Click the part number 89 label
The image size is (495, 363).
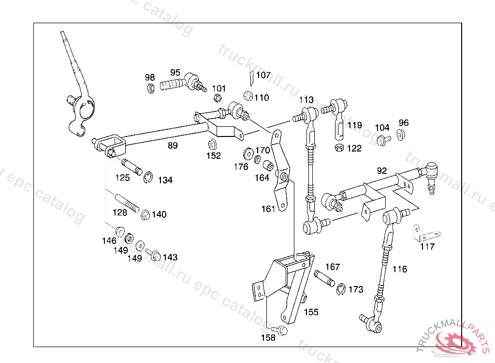[173, 145]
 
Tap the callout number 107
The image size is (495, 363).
[263, 75]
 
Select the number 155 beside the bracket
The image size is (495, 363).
[311, 312]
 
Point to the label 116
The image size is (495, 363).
[400, 269]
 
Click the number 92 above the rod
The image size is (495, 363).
[382, 170]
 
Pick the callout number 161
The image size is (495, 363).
[268, 209]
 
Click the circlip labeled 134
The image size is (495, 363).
[149, 178]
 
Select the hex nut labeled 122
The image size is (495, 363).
[339, 147]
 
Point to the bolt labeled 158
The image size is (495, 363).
[283, 331]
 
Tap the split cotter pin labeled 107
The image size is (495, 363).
[251, 76]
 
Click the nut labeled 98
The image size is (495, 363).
[150, 88]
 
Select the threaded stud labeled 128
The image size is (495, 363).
[126, 205]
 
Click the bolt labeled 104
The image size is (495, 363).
[383, 140]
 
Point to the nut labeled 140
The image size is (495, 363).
[145, 214]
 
